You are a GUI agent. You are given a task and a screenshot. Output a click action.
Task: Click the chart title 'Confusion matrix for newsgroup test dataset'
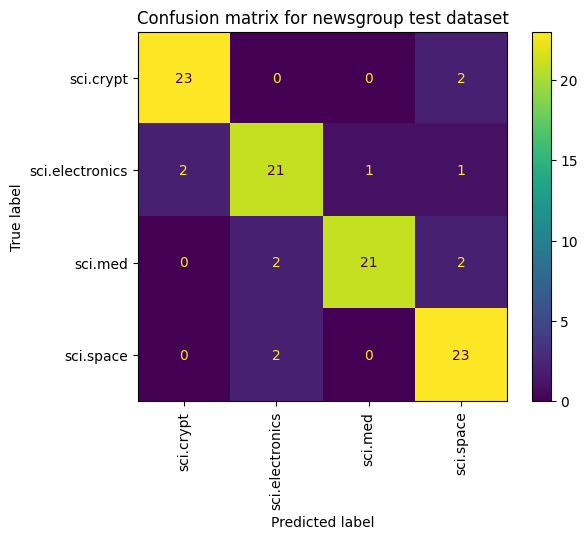323,18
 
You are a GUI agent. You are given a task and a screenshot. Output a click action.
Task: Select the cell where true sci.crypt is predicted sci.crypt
184,78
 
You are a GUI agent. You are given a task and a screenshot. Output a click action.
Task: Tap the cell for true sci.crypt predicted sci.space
461,78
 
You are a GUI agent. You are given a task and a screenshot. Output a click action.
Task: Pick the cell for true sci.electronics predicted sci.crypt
184,170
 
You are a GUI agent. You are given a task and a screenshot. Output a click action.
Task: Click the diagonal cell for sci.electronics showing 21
276,170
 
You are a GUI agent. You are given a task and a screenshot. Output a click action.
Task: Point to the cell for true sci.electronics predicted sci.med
369,170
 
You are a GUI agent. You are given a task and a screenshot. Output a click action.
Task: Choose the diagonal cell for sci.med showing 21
369,262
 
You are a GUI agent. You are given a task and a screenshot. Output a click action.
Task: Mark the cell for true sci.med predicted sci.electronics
276,262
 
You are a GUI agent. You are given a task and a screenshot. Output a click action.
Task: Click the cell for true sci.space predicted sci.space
461,354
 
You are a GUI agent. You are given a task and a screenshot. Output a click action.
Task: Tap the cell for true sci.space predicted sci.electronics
276,354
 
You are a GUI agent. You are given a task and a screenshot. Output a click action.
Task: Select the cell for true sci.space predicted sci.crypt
184,354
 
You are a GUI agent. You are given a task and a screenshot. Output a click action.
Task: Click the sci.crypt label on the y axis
99,79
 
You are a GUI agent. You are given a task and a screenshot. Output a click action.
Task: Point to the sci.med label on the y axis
101,264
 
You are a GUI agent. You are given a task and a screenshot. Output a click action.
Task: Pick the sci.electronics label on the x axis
276,462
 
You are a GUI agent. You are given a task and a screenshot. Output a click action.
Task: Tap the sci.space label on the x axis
460,445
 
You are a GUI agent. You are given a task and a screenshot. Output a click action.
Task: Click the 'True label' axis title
15,218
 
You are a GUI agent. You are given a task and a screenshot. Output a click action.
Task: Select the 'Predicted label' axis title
322,522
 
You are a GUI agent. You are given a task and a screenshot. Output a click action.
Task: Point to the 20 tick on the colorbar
568,81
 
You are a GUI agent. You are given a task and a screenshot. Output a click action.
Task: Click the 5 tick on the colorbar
564,322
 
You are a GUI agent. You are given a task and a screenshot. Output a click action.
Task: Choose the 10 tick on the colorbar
568,242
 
